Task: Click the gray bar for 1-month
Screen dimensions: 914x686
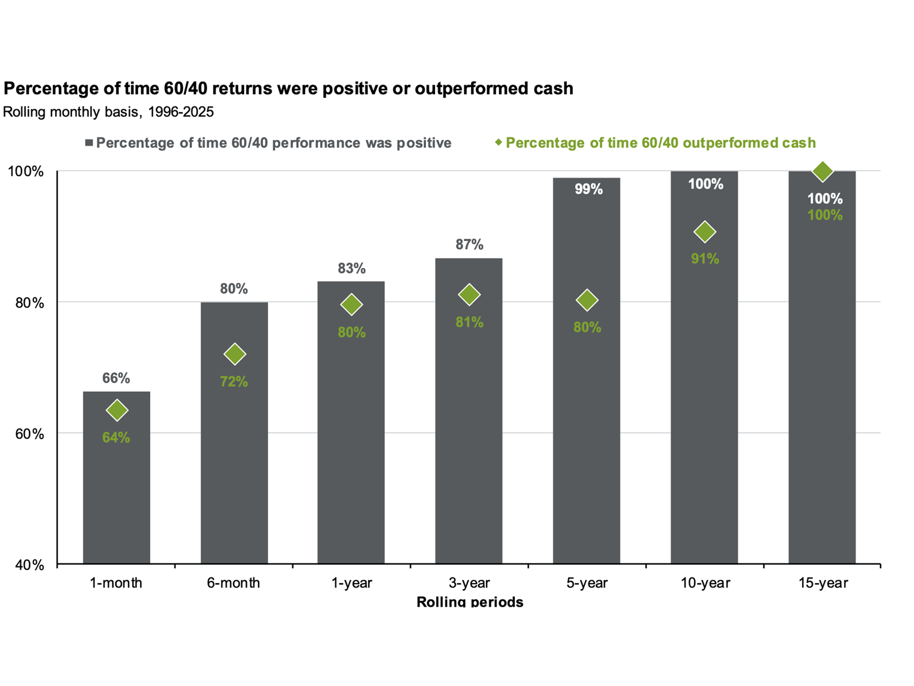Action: click(x=117, y=477)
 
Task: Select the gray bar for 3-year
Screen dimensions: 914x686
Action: click(x=469, y=411)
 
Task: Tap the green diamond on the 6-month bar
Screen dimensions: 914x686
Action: click(x=235, y=354)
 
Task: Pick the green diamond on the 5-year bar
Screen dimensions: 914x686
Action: click(x=587, y=300)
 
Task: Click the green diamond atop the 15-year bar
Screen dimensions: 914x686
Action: click(x=823, y=171)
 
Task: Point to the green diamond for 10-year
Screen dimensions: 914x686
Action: click(x=705, y=232)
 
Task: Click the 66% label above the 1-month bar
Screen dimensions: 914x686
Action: click(x=116, y=378)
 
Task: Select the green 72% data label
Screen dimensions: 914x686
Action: click(x=234, y=381)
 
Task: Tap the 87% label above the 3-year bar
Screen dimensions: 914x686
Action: click(x=469, y=245)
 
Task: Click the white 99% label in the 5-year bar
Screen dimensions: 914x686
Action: click(x=589, y=189)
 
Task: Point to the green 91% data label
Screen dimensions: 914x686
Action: click(x=705, y=259)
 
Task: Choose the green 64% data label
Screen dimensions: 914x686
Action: click(x=116, y=438)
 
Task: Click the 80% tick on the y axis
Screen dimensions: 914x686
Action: click(x=30, y=303)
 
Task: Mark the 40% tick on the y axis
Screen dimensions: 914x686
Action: click(x=30, y=565)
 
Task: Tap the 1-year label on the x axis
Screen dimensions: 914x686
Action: click(x=352, y=583)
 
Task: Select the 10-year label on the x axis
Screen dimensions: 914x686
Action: click(x=706, y=583)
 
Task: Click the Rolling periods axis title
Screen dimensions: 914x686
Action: click(x=470, y=601)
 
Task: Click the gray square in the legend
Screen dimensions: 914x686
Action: click(x=89, y=143)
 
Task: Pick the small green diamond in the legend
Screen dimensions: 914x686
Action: click(x=499, y=142)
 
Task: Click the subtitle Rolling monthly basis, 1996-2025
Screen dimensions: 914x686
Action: click(x=108, y=112)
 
